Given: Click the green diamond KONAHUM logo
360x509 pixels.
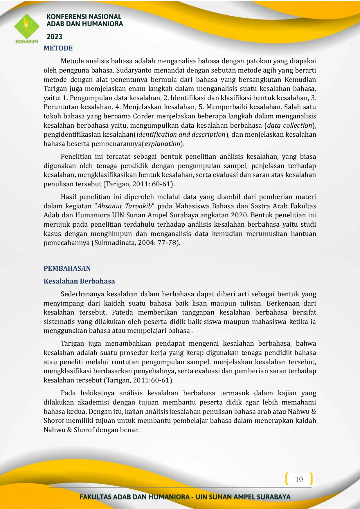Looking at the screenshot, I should (x=27, y=27).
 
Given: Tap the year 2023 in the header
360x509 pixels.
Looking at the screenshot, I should (x=54, y=37).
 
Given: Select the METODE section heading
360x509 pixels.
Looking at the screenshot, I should (x=58, y=48).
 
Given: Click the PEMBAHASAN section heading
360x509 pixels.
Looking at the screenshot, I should (x=67, y=268).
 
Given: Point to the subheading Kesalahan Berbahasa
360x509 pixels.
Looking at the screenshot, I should (x=79, y=281).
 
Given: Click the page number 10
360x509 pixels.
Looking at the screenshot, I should (x=299, y=479).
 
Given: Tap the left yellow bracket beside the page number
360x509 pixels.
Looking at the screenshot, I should (x=287, y=479).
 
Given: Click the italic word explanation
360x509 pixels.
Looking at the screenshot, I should (x=163, y=144).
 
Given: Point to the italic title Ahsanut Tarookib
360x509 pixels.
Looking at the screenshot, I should (x=124, y=206).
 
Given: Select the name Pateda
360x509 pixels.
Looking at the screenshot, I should (x=122, y=313).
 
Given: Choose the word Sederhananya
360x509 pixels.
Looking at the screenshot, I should (x=82, y=294).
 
